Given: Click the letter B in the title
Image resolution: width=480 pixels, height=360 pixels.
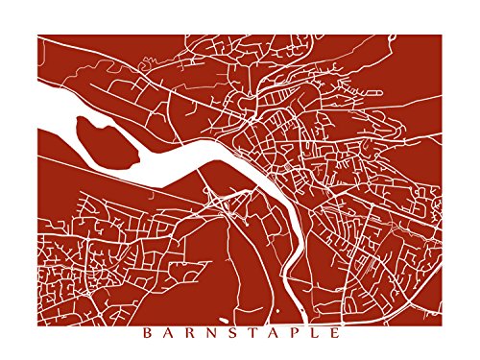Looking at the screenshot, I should (147, 336).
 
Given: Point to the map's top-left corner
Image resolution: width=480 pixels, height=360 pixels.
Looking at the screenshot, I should (37, 36).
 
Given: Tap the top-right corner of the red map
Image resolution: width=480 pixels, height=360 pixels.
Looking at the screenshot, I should (442, 36).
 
